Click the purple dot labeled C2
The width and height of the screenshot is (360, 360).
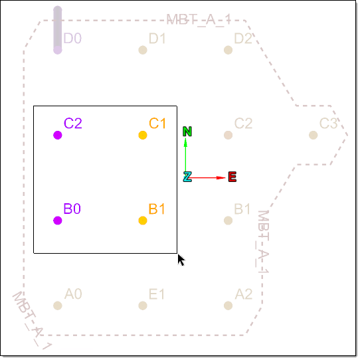58,135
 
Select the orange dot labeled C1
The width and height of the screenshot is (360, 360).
143,135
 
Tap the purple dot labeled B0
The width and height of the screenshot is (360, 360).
58,221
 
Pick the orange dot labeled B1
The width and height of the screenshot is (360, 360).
143,221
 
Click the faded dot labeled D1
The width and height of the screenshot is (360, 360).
143,50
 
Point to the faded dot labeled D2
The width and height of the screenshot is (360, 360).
228,50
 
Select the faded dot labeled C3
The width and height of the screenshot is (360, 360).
314,135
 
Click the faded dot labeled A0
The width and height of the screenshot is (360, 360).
58,306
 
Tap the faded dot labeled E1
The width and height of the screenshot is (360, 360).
143,306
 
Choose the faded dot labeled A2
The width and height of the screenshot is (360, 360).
228,306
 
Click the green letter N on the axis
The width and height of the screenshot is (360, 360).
187,132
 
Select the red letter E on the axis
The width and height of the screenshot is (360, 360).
232,177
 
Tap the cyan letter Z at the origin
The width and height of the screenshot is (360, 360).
187,177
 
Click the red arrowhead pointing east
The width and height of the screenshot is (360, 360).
221,178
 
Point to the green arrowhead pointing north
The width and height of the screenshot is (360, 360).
185,142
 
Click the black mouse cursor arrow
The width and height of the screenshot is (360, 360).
181,260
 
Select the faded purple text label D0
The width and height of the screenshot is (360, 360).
72,38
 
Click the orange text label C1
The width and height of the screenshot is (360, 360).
157,124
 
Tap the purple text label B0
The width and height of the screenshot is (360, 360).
72,209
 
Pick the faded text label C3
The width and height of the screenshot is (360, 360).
329,124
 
